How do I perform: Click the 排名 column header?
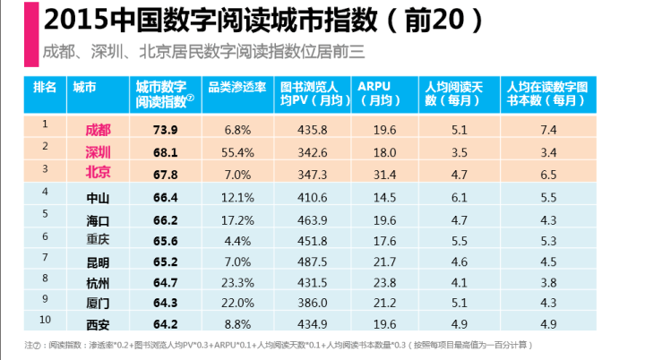pos(45,87)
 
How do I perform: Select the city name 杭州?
pos(97,283)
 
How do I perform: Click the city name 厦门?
pos(97,304)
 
